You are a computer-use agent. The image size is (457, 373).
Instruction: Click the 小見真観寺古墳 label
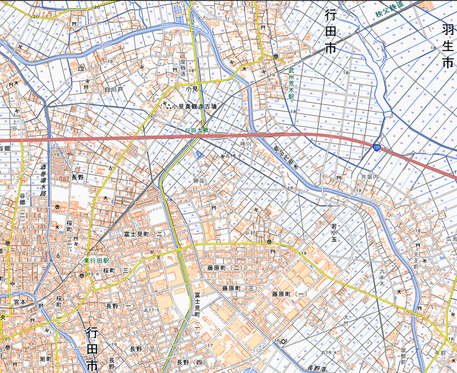pos(195,106)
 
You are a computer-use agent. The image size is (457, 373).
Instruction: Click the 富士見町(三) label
pos(145,235)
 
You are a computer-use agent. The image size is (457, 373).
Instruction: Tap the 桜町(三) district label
pos(118,270)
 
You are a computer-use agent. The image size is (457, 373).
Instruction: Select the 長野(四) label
pos(190,363)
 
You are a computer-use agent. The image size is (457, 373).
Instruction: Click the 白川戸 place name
pos(114,90)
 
